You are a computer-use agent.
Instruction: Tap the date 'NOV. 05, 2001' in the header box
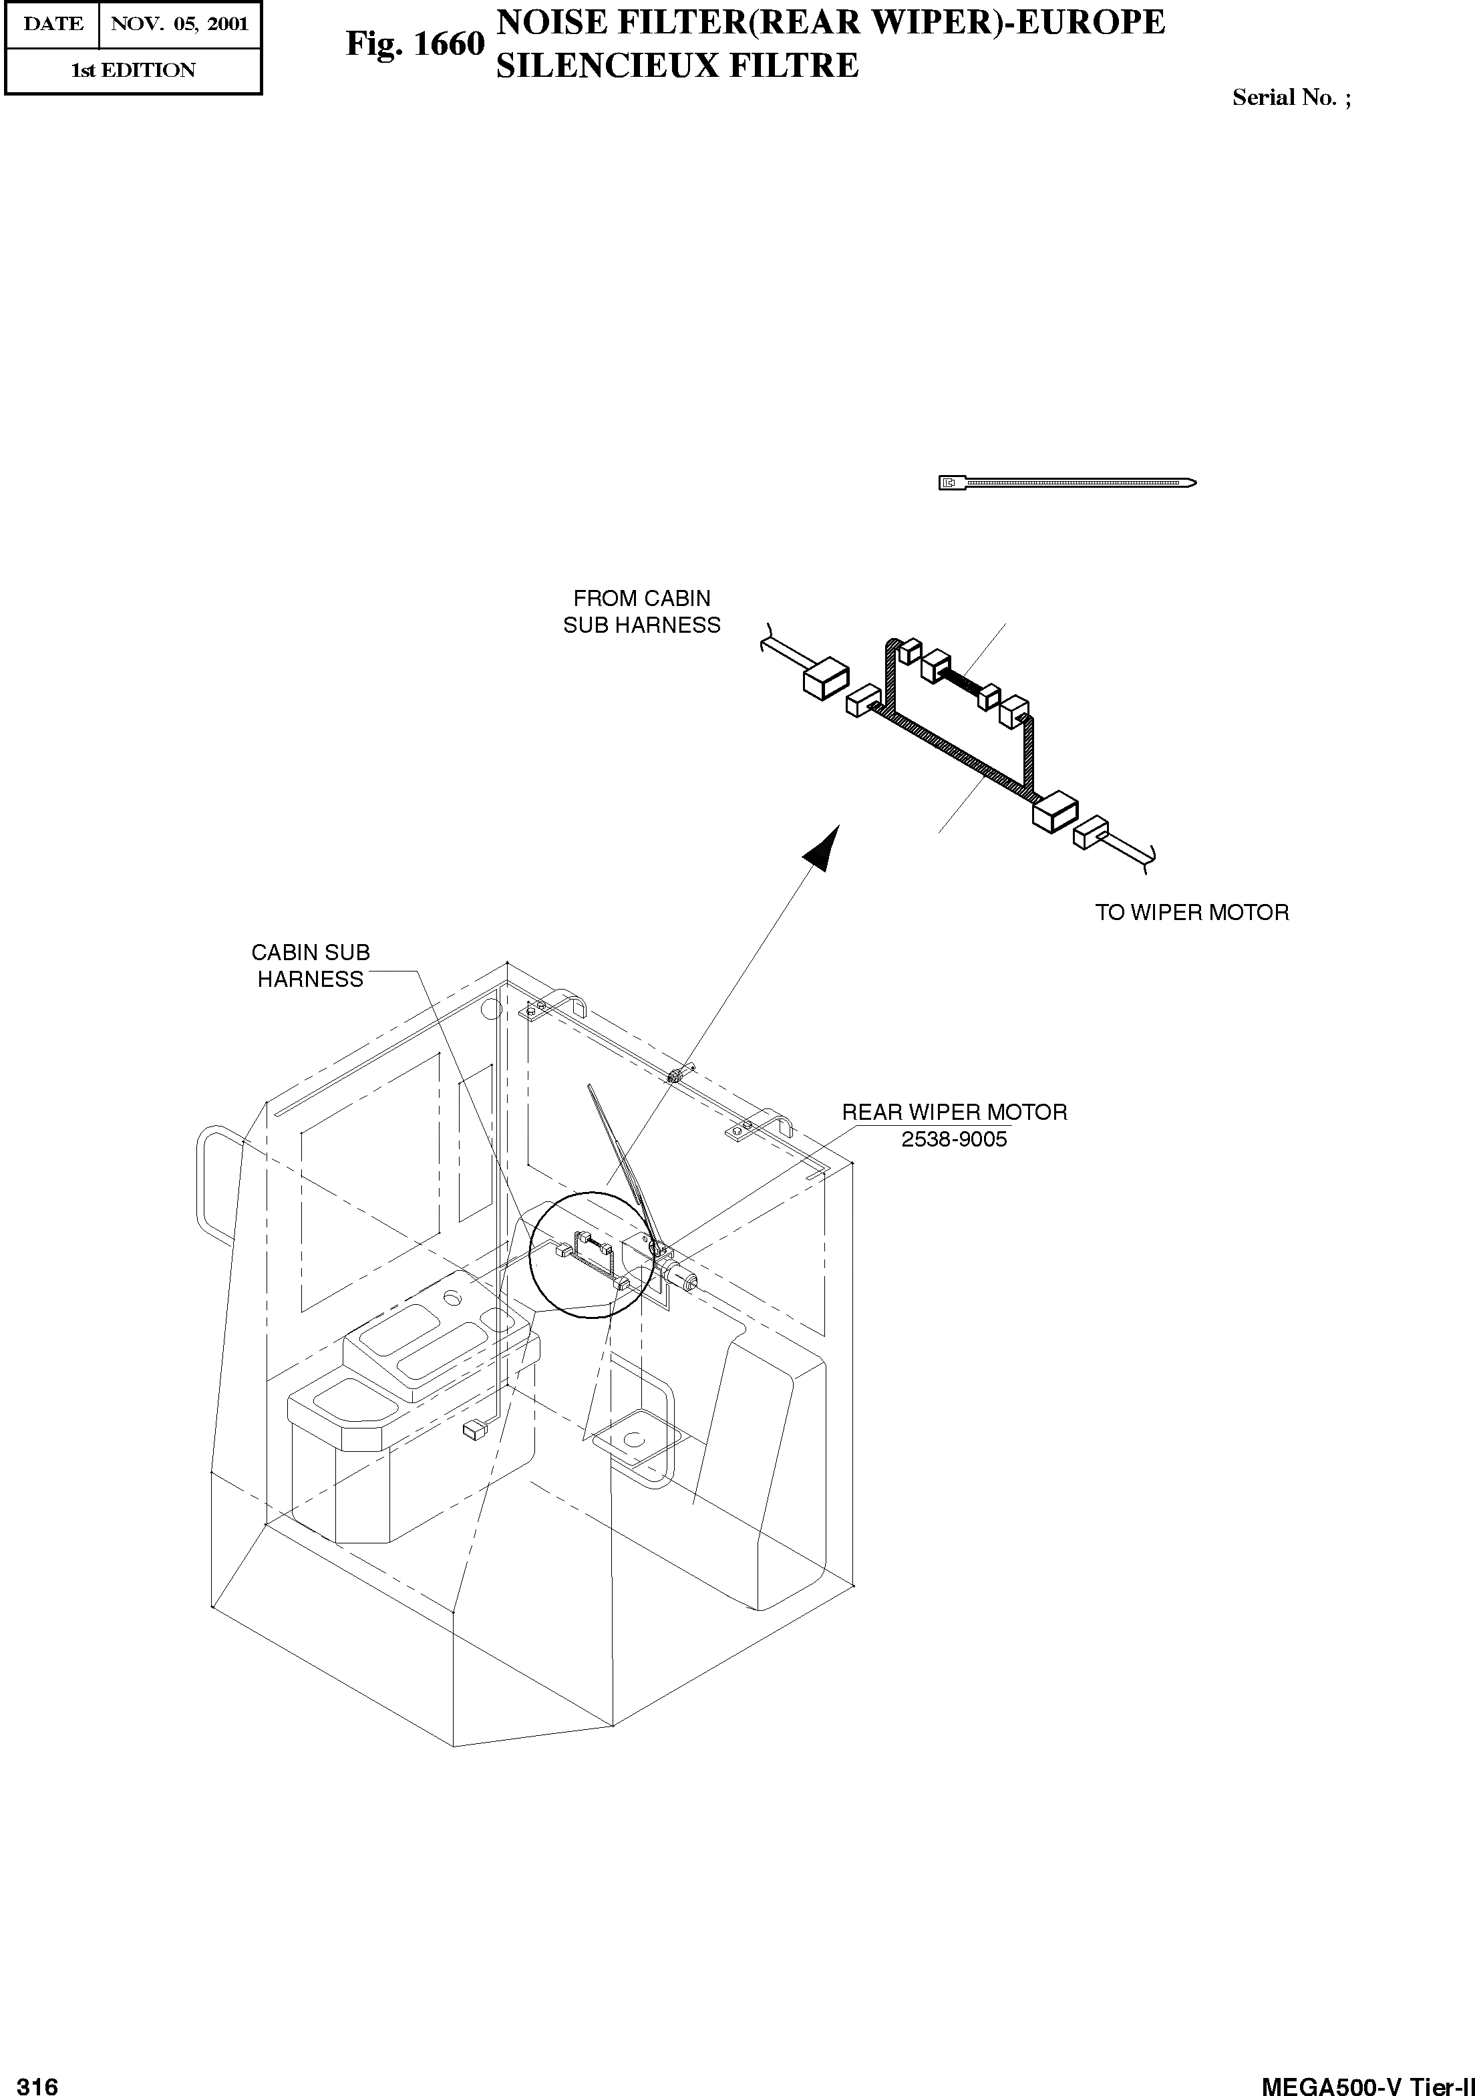click(180, 24)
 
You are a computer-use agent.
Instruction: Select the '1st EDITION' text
click(133, 70)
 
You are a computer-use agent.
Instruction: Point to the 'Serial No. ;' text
click(1291, 98)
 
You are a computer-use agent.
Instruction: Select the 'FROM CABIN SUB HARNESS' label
click(642, 611)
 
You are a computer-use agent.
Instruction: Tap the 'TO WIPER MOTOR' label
click(1191, 912)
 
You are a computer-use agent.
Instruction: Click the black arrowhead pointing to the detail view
click(822, 845)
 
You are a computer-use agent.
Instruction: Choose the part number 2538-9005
click(954, 1139)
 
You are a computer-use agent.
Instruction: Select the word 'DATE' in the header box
click(52, 24)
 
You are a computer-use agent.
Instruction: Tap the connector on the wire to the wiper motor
click(1091, 833)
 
